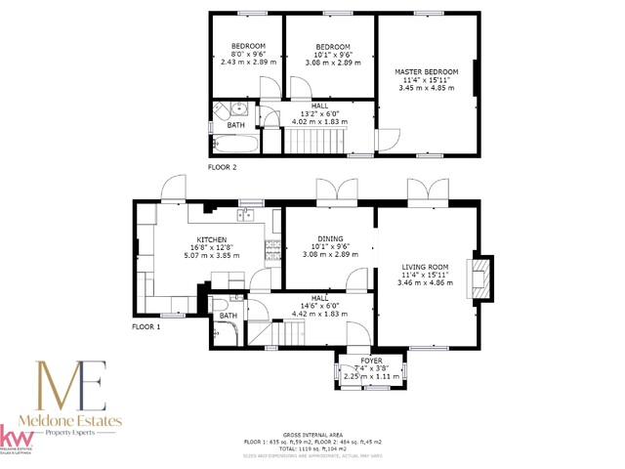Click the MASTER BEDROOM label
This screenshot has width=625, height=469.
[426, 72]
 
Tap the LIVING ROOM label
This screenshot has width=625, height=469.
[425, 267]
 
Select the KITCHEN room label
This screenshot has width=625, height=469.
[212, 239]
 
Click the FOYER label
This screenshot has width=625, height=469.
[371, 362]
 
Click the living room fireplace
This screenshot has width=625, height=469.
[479, 278]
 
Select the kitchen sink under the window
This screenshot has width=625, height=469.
[247, 215]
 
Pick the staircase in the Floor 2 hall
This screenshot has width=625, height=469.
[312, 144]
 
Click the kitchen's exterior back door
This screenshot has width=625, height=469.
[174, 188]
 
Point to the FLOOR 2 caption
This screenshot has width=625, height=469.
[222, 168]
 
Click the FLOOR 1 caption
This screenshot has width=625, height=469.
[147, 326]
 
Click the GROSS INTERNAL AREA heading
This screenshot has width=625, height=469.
[312, 434]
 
